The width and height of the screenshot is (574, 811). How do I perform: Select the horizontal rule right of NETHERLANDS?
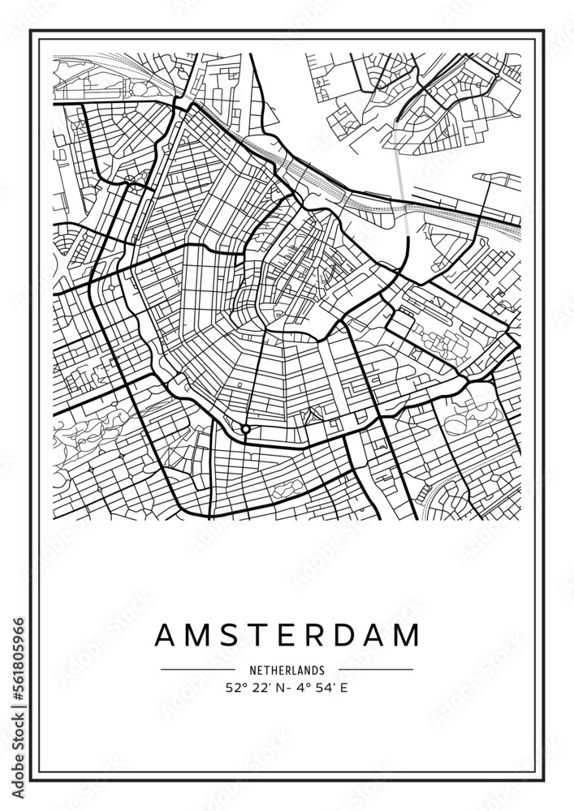click(375, 670)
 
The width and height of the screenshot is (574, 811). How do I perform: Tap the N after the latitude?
click(281, 689)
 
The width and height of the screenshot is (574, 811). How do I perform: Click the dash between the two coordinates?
click(291, 689)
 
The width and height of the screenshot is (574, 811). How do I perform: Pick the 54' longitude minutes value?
click(321, 689)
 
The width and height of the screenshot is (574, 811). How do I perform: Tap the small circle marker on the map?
click(245, 428)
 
